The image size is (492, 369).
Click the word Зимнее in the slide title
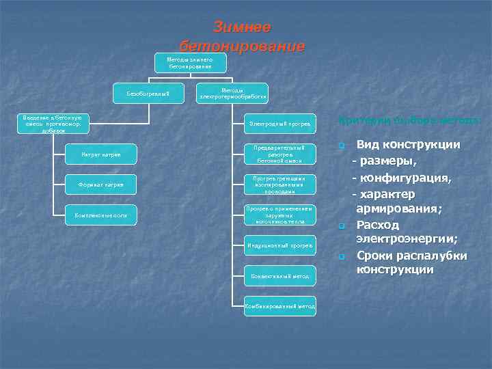click(x=242, y=27)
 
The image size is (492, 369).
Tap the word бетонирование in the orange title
click(x=242, y=46)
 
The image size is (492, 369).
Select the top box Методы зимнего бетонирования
click(x=189, y=63)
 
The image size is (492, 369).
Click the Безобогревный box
click(x=148, y=92)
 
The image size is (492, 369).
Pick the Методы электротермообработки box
click(x=232, y=93)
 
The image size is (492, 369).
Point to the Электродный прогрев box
click(x=280, y=124)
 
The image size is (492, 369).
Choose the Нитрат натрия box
click(x=101, y=154)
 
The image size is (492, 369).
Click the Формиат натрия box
click(x=101, y=184)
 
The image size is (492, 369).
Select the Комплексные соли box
click(x=101, y=215)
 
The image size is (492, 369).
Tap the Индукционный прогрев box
click(x=280, y=245)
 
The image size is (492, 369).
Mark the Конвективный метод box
click(x=280, y=276)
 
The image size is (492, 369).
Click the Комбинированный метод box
click(x=280, y=306)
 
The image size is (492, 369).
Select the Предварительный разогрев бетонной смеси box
click(x=280, y=154)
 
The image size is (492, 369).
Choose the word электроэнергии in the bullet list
click(x=407, y=238)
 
